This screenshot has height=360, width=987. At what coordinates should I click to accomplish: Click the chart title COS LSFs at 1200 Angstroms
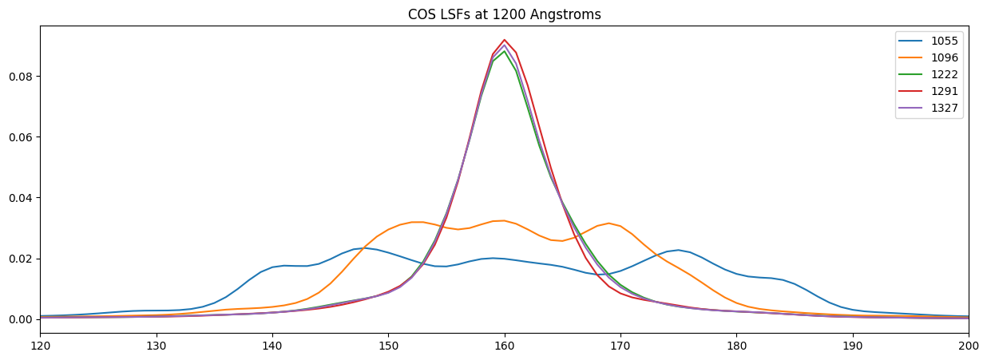coord(504,14)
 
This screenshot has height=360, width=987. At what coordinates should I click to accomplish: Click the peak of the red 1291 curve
coord(504,40)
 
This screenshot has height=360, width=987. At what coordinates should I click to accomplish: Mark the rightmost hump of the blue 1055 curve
coord(678,250)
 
